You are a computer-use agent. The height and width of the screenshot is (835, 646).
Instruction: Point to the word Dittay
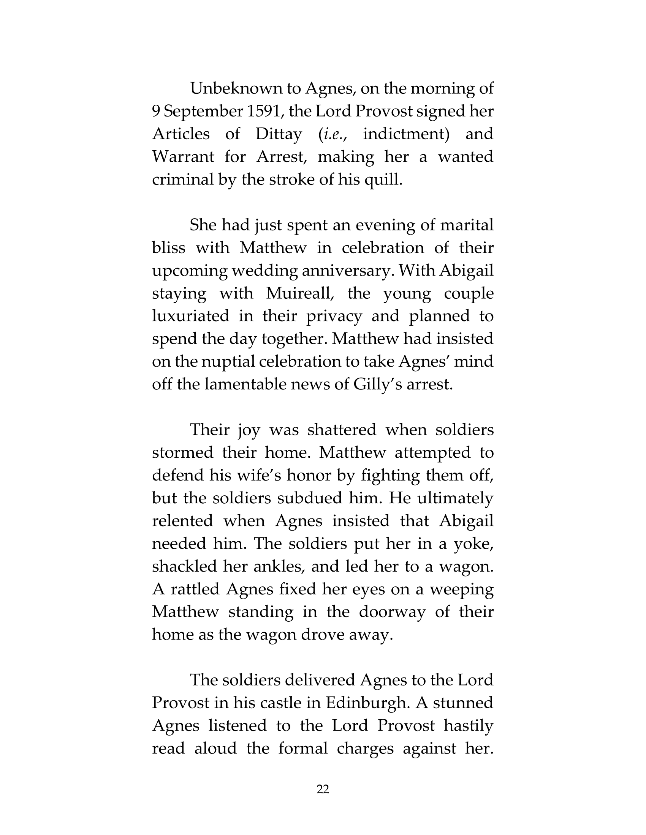pos(279,134)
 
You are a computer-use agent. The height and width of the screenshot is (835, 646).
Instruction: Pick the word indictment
pos(406,134)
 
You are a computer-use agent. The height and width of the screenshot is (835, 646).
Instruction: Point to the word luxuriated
pos(191,316)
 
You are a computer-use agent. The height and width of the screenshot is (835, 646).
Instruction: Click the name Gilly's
pos(377,384)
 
